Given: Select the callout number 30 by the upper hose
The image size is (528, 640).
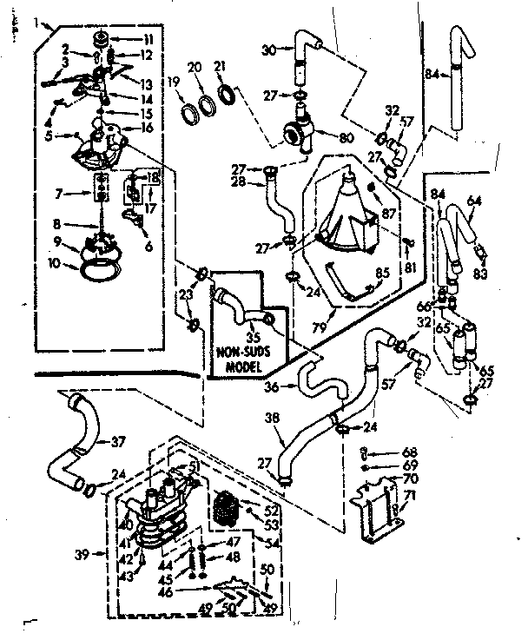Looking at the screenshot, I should tap(267, 50).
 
